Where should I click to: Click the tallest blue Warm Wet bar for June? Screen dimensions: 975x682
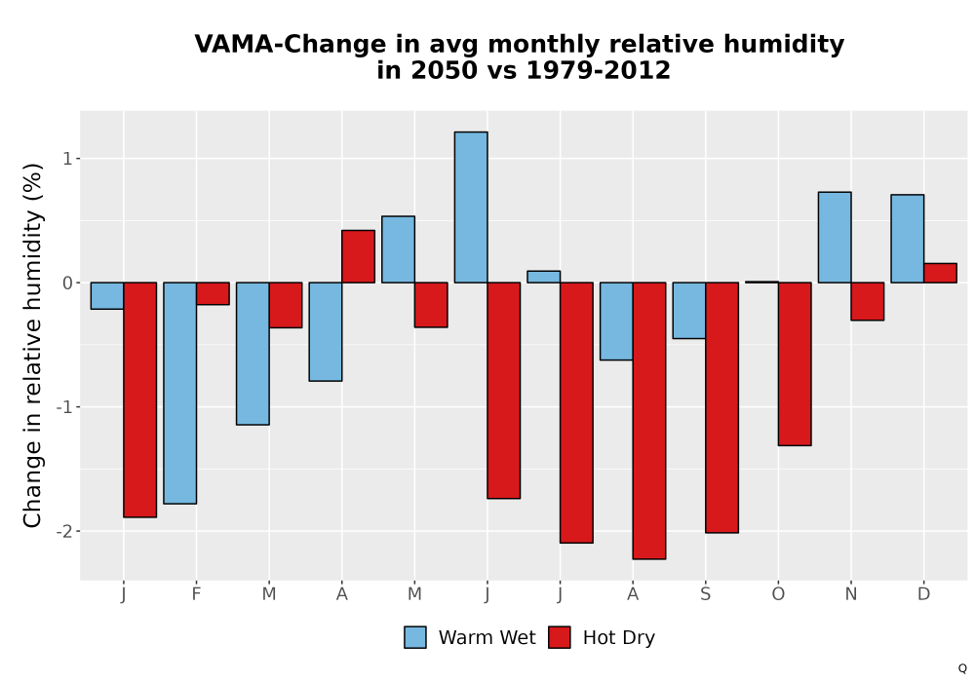(x=471, y=208)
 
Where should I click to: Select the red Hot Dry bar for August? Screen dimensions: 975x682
(x=649, y=421)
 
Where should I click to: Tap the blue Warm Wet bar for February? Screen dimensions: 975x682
(x=180, y=393)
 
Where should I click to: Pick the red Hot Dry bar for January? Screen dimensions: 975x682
(x=139, y=399)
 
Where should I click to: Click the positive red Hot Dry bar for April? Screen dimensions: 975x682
(x=358, y=256)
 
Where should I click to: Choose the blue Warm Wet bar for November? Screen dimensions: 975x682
(x=835, y=238)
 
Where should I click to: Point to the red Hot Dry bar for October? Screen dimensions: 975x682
(x=795, y=364)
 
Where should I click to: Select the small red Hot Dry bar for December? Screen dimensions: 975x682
(x=940, y=274)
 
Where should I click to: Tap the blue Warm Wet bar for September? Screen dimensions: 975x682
(x=689, y=311)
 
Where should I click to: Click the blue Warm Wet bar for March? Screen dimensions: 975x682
(x=253, y=354)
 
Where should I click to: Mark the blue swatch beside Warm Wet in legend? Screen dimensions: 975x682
(x=415, y=637)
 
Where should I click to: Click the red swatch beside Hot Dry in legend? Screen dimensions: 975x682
(x=560, y=637)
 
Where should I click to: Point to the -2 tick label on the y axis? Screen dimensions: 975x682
(x=65, y=531)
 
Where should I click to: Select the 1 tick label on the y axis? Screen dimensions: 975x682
(x=68, y=159)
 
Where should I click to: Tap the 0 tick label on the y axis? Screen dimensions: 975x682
(x=68, y=284)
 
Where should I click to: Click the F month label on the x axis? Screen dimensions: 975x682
(x=197, y=594)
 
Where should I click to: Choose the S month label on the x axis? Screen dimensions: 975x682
(x=706, y=594)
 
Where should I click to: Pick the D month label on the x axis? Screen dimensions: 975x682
(x=924, y=594)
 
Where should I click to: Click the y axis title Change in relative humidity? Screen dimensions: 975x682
(x=32, y=345)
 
